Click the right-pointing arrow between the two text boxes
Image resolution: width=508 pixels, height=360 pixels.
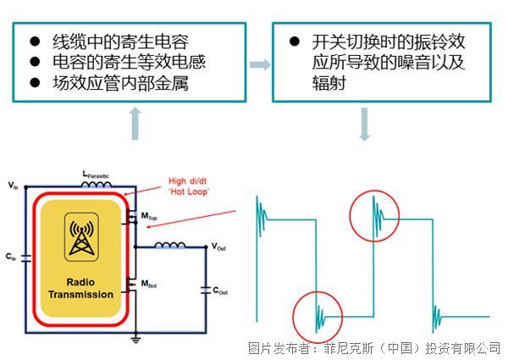[261, 64]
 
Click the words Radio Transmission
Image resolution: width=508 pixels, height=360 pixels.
[80, 288]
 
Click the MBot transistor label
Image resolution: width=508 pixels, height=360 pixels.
[147, 282]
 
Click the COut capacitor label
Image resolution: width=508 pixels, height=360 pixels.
[219, 291]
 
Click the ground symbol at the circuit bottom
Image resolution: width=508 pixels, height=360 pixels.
[135, 339]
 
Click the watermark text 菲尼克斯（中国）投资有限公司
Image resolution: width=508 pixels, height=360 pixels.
[406, 348]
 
